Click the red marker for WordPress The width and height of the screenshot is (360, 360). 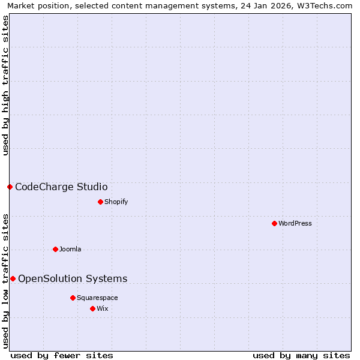274,223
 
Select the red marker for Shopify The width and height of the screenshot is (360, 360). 100,202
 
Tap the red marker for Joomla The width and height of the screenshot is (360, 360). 55,249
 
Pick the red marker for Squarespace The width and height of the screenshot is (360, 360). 73,298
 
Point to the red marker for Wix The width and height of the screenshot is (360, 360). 92,308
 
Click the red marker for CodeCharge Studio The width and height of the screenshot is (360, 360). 10,187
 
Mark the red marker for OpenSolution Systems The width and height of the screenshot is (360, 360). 13,278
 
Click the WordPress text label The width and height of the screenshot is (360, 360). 295,223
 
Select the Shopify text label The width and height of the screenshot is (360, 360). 116,202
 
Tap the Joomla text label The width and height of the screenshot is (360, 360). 70,249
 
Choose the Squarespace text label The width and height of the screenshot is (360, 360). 97,298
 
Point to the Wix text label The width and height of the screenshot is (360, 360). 103,308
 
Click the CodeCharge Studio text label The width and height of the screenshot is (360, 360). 61,187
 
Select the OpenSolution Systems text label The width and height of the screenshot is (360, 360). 73,278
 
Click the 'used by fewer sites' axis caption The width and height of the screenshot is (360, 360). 62,355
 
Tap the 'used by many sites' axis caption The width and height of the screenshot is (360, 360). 301,355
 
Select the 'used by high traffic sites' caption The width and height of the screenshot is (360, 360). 5,85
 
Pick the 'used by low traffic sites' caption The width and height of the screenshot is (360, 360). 5,281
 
